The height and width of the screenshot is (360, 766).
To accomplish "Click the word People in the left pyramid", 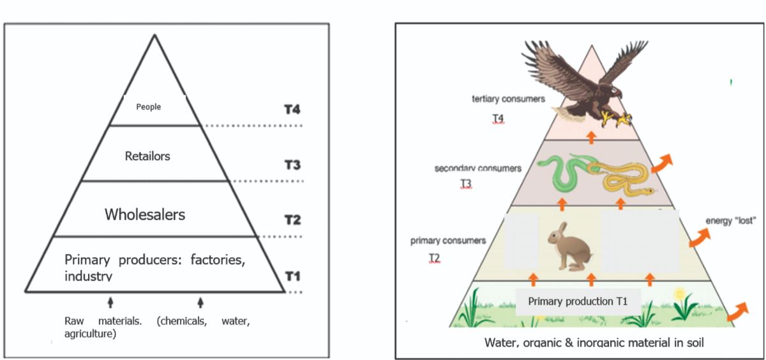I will pos(149,107).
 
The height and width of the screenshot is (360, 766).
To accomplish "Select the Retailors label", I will pos(148,156).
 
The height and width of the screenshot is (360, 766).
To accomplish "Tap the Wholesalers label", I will pos(145,214).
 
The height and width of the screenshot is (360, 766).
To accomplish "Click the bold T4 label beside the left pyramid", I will pos(292,110).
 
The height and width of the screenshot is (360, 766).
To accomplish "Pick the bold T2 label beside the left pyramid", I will pos(292,220).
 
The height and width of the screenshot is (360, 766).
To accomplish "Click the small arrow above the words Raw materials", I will pos(110,302).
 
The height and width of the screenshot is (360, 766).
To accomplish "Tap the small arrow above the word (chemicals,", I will pos(200,302).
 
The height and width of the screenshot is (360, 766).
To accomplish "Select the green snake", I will pos(560,172).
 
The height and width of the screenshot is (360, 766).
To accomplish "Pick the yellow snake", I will pos(619,177).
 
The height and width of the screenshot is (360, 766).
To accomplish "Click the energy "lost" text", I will pos(731,221).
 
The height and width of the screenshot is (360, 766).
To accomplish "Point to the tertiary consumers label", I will pos(508,99).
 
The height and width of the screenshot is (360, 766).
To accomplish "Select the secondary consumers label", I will pos(477,169).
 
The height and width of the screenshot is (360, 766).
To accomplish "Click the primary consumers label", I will pos(447,241).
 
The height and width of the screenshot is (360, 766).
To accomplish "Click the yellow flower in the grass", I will pos(679,294).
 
